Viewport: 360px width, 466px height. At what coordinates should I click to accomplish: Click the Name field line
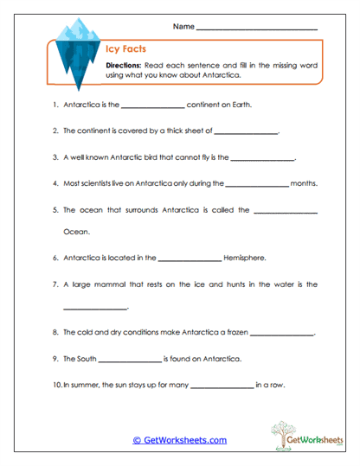tap(257, 28)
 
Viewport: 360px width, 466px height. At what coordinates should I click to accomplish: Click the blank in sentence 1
tap(152, 106)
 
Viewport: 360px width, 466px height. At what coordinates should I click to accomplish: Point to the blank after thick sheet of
tap(246, 132)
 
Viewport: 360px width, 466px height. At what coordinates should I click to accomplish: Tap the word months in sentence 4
tap(304, 183)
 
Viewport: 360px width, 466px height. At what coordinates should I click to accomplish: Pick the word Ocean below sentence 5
tap(76, 231)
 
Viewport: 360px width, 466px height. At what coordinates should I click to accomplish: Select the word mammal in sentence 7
tap(120, 283)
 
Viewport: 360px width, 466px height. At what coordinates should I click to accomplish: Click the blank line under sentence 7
tap(95, 308)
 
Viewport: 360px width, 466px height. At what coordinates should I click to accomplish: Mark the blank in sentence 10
tap(221, 385)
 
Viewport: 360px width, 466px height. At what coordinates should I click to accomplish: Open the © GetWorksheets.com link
tap(179, 440)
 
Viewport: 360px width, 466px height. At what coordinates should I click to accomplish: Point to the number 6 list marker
tap(55, 257)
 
